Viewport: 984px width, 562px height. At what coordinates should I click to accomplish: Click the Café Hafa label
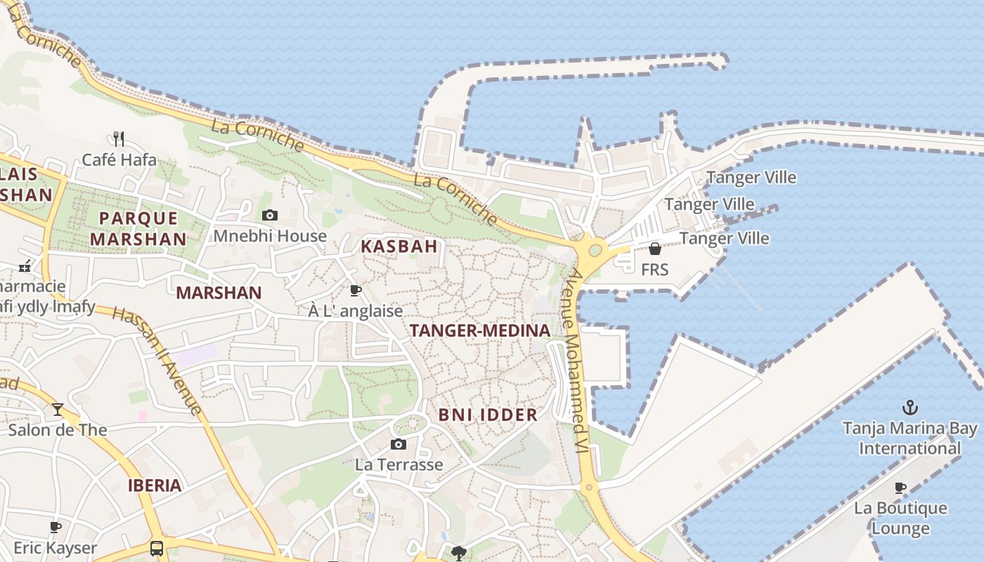[x=119, y=160]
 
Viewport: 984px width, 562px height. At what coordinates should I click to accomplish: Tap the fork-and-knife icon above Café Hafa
[x=119, y=138]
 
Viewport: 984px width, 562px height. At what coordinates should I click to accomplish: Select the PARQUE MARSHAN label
[x=138, y=228]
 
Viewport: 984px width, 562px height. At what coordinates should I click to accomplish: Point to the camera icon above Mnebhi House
[x=269, y=215]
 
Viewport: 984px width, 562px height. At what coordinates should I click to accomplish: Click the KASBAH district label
[x=399, y=247]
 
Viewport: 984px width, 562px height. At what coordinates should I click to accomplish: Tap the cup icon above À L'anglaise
[x=356, y=290]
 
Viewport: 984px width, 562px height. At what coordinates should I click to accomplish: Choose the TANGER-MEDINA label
[x=480, y=331]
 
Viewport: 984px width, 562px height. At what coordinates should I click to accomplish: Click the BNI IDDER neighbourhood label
[x=488, y=415]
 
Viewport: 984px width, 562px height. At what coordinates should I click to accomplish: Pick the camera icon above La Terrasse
[x=399, y=444]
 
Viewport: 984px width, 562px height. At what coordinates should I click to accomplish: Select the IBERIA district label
[x=155, y=485]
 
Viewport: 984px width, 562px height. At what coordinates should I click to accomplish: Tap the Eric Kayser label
[x=56, y=548]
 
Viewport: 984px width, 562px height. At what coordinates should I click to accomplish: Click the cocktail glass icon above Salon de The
[x=58, y=409]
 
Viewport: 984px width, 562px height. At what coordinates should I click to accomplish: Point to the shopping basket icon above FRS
[x=654, y=249]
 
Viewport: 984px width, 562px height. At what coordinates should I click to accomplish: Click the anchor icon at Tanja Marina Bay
[x=910, y=407]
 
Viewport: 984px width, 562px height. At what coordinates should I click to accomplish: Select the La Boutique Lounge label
[x=901, y=518]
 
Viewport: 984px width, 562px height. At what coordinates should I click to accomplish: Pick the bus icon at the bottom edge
[x=157, y=548]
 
